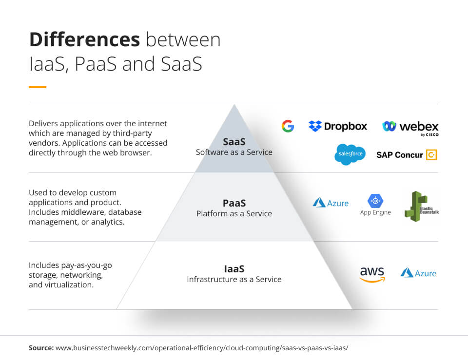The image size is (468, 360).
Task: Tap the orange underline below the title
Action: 38,87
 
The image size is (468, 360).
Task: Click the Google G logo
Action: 288,126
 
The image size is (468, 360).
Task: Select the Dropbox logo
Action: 338,126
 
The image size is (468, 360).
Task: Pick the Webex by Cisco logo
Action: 410,127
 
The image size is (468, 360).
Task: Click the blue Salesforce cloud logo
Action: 350,154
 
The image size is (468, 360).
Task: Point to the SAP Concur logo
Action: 407,155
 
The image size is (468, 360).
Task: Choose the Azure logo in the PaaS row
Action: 331,203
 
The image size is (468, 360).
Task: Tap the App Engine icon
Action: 375,201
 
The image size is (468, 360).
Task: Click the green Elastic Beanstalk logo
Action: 419,205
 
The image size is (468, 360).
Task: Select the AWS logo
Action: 372,274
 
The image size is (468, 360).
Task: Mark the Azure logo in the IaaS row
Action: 418,273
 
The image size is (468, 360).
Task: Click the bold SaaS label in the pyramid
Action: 234,142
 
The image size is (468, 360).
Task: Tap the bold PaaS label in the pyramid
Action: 234,203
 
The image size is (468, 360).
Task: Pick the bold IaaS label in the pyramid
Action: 234,268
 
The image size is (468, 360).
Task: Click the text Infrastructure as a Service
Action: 234,280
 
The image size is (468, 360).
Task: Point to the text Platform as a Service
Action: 234,214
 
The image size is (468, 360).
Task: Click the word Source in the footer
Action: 41,348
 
